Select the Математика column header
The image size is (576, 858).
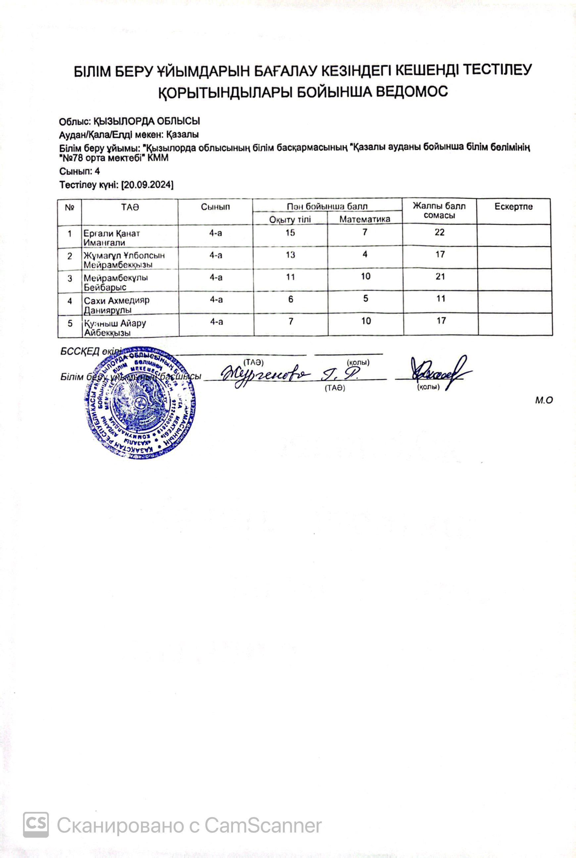[x=364, y=219]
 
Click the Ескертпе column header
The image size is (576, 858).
[x=513, y=207]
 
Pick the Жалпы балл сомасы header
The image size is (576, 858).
[x=439, y=211]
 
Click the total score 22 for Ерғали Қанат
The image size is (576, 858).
[x=439, y=232]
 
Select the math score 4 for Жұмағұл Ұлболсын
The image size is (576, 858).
[x=365, y=254]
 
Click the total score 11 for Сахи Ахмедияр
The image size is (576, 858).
[x=441, y=299]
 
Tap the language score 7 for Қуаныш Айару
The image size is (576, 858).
[x=291, y=321]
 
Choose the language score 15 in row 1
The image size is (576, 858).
[x=290, y=232]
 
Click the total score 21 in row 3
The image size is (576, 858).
[x=440, y=277]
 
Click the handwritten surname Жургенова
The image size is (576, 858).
[x=266, y=375]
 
